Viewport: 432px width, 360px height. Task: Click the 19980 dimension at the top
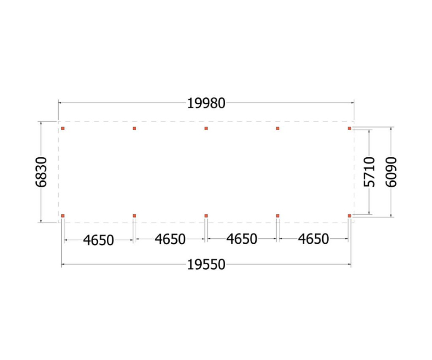tap(206, 103)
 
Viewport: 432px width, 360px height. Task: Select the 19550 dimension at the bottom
tap(206, 265)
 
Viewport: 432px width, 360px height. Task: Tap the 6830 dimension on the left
tap(41, 172)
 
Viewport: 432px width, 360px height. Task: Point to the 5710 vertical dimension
tap(369, 172)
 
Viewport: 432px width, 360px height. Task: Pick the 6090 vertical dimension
tap(391, 172)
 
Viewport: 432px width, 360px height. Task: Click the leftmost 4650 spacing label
tap(99, 240)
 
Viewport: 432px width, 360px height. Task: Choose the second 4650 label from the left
tap(170, 239)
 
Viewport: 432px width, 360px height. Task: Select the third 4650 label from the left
tap(242, 239)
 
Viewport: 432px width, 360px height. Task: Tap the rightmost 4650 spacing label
tap(313, 239)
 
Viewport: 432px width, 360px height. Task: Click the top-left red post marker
tap(63, 129)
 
